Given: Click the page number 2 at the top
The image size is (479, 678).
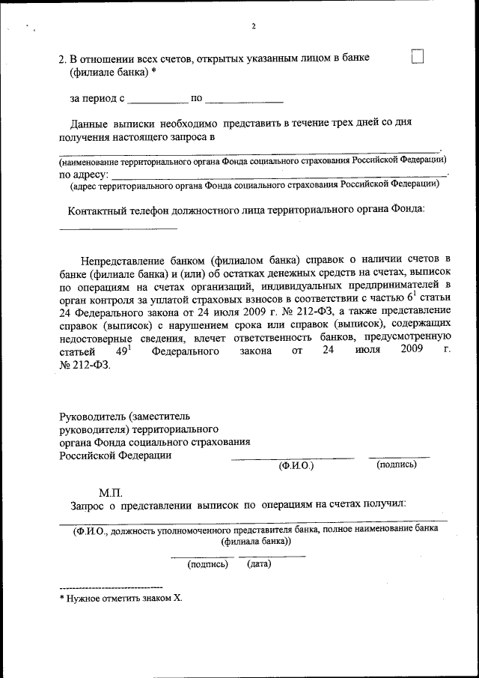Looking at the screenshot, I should coord(254,27).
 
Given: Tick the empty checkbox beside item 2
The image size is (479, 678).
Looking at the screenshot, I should coord(418,57).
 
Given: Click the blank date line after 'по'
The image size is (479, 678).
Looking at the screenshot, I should coord(244,100).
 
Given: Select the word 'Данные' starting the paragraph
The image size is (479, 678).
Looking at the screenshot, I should coord(90,122).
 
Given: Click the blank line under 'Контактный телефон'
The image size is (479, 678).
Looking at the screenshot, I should coord(118,227).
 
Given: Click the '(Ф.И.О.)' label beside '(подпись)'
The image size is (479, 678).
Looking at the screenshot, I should coord(296,466).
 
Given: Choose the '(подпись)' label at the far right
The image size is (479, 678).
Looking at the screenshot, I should coord(397,465).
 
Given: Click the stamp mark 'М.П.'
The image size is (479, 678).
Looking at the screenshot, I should coord(111,493).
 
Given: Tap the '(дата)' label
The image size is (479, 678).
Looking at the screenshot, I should coord(259,564).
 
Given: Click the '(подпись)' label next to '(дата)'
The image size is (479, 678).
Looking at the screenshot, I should coord(207,564).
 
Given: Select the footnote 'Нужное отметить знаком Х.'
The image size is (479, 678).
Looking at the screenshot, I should coord(123,599).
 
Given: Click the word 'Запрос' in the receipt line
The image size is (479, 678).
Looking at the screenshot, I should coord(87,506).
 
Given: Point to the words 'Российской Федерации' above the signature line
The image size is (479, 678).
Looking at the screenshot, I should coord(115,455).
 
